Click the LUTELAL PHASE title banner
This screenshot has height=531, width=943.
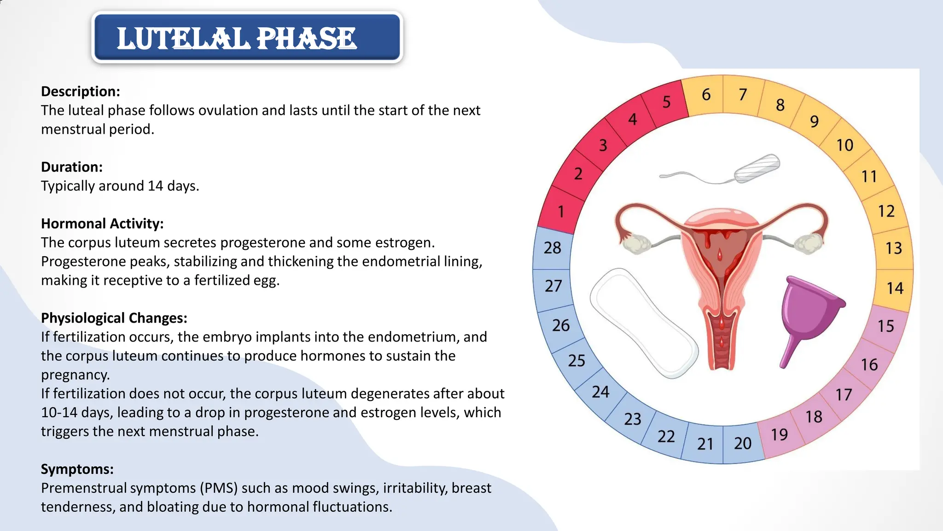pyautogui.click(x=247, y=38)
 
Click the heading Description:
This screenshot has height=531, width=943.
pyautogui.click(x=80, y=91)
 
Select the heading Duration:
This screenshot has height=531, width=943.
pyautogui.click(x=71, y=167)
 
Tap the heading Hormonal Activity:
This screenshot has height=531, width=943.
pyautogui.click(x=102, y=224)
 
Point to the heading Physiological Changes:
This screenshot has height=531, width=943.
pyautogui.click(x=114, y=318)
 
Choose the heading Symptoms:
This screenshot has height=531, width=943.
pyautogui.click(x=77, y=469)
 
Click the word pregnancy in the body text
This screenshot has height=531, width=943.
pyautogui.click(x=75, y=375)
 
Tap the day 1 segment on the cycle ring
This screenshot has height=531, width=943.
pyautogui.click(x=560, y=212)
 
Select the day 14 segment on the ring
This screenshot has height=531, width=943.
pyautogui.click(x=895, y=289)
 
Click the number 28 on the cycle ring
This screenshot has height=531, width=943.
pyautogui.click(x=552, y=248)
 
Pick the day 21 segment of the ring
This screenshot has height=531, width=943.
pyautogui.click(x=705, y=444)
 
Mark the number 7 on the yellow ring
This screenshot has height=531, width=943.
pyautogui.click(x=743, y=95)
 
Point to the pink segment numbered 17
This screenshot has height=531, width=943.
pyautogui.click(x=844, y=395)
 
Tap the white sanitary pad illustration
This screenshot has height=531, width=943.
pyautogui.click(x=643, y=323)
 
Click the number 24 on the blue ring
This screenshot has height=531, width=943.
pyautogui.click(x=600, y=392)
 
